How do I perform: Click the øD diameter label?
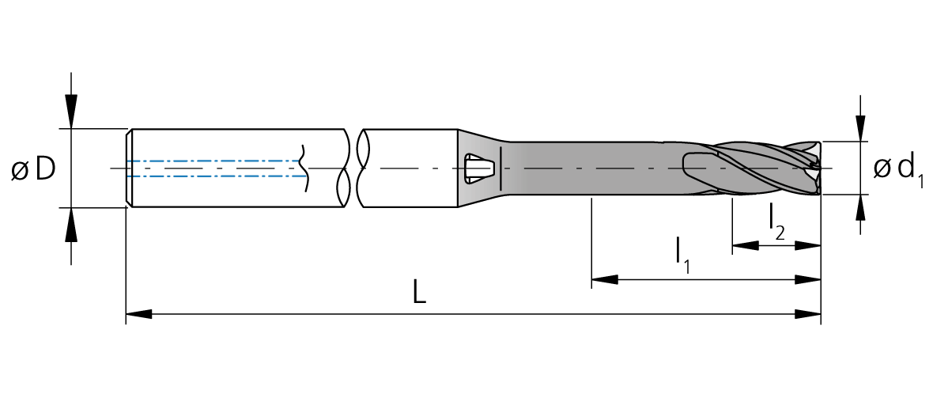(x=34, y=169)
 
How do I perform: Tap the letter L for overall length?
(x=420, y=293)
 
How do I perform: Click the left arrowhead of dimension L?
(x=139, y=314)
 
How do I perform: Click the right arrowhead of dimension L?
(x=807, y=314)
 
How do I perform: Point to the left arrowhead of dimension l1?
(x=605, y=279)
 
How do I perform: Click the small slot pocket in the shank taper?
(x=478, y=169)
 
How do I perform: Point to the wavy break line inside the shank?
(x=304, y=169)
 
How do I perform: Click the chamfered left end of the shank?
(x=129, y=169)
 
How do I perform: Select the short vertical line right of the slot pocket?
(x=502, y=169)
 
